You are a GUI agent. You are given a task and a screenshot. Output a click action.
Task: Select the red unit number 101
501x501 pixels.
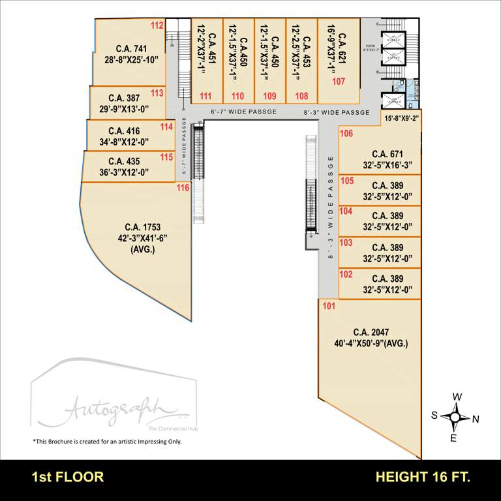pyautogui.click(x=329, y=306)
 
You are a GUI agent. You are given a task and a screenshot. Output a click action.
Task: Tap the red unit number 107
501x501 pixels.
pyautogui.click(x=339, y=82)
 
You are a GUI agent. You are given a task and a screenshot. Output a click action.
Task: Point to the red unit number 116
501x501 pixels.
pyautogui.click(x=183, y=188)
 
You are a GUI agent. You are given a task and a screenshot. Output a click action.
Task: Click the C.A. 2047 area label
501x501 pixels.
pyautogui.click(x=371, y=331)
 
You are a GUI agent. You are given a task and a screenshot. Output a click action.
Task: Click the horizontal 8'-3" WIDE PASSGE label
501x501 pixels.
pyautogui.click(x=337, y=112)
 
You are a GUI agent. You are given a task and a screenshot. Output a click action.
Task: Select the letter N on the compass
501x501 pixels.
pyautogui.click(x=476, y=419)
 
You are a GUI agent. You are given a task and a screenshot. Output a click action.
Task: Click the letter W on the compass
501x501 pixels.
pyautogui.click(x=458, y=397)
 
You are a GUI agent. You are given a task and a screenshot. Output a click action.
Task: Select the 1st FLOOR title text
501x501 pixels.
pyautogui.click(x=68, y=477)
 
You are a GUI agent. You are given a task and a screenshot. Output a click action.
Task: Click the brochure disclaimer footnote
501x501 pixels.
pyautogui.click(x=107, y=442)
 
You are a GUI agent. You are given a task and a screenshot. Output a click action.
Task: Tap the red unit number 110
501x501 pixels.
pyautogui.click(x=237, y=96)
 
